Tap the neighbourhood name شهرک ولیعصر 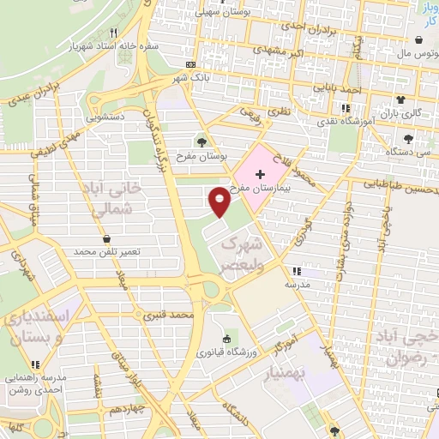pyautogui.click(x=241, y=255)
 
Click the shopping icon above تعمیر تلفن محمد pyautogui.click(x=106, y=239)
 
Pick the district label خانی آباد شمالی pyautogui.click(x=106, y=196)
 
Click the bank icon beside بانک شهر pyautogui.click(x=190, y=64)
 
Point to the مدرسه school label pyautogui.click(x=298, y=283)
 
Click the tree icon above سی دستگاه pyautogui.click(x=407, y=138)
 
